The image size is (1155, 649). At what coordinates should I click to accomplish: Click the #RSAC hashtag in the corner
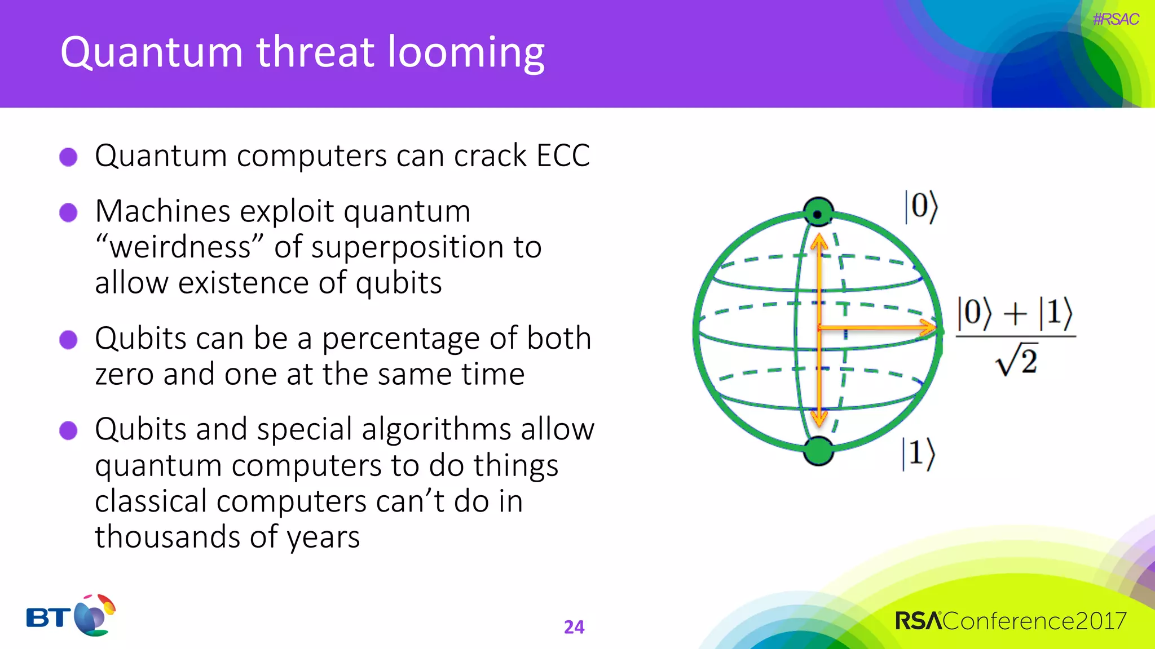point(1116,19)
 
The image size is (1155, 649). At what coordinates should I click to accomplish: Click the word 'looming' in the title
point(466,53)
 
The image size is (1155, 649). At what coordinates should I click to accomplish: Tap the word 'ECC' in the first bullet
point(563,155)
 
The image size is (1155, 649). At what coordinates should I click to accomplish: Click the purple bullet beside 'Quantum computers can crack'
point(69,157)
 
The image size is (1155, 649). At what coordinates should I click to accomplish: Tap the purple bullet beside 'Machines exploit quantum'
point(69,213)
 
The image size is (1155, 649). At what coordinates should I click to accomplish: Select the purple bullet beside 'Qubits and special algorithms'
point(69,430)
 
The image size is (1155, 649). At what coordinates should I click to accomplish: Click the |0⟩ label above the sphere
point(921,207)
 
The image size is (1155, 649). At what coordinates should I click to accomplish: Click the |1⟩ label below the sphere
point(918,454)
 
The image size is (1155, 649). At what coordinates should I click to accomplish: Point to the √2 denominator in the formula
point(1017,361)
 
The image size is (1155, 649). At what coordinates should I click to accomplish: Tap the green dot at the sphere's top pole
point(818,212)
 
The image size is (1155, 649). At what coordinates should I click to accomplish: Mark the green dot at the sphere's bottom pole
point(818,451)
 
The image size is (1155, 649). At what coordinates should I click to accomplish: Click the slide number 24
point(574,627)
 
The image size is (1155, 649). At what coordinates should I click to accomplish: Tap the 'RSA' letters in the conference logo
point(918,621)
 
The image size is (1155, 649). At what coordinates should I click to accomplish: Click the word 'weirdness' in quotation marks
point(179,248)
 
